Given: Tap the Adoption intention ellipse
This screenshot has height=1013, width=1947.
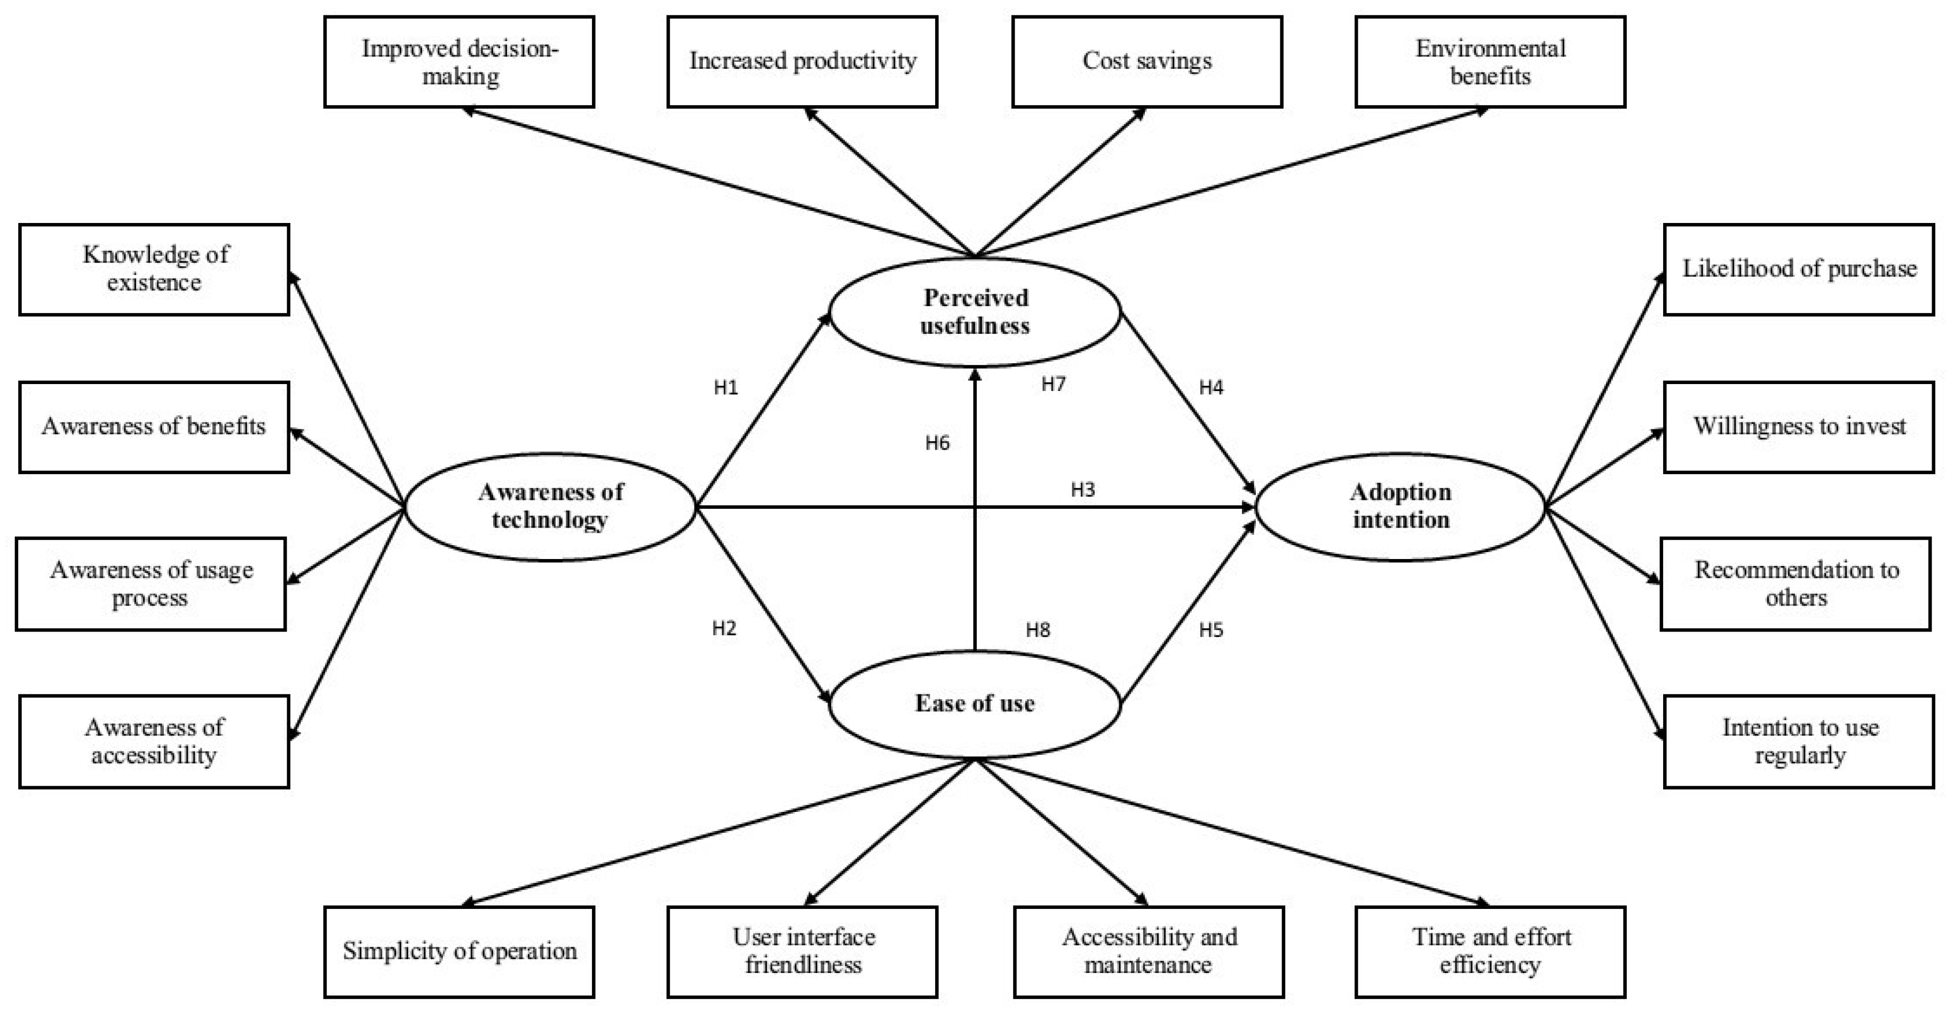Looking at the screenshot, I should click(x=1400, y=506).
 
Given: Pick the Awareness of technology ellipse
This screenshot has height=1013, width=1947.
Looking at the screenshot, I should click(x=550, y=506).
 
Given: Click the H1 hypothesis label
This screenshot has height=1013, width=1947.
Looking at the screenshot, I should click(x=726, y=387).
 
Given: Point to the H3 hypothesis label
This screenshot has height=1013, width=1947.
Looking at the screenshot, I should click(x=1082, y=490).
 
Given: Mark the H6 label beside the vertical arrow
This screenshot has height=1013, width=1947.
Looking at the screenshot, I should click(x=937, y=443).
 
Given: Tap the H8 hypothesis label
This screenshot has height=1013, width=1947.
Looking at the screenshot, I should click(x=1038, y=630).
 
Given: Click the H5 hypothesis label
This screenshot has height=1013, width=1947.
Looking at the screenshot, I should click(x=1211, y=630).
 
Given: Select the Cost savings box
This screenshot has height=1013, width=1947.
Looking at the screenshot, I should click(x=1146, y=61).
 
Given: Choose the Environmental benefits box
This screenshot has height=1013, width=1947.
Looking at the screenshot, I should click(x=1490, y=61).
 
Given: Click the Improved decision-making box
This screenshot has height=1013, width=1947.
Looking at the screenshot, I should click(x=459, y=61).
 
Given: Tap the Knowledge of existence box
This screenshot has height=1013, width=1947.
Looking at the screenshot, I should click(x=154, y=269).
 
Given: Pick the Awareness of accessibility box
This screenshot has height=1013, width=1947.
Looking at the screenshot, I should click(x=154, y=741).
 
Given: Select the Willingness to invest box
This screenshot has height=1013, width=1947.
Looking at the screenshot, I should click(x=1799, y=427).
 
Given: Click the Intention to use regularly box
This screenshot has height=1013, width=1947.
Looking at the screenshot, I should click(x=1799, y=741).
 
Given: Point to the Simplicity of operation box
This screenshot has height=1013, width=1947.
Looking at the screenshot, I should click(x=459, y=951).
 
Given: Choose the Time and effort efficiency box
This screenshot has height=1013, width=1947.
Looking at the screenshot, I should click(x=1490, y=951).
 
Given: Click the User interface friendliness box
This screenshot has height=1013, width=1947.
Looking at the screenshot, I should click(x=802, y=951).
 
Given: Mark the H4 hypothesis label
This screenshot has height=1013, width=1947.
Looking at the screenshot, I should click(x=1211, y=387).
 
